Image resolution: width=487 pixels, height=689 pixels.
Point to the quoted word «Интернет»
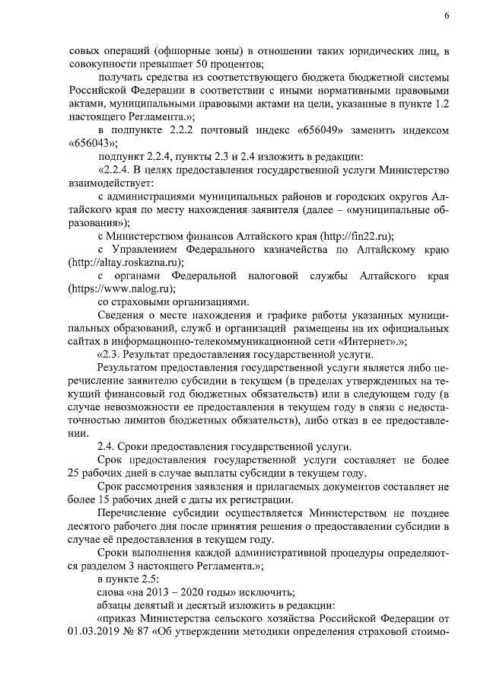(382, 342)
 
